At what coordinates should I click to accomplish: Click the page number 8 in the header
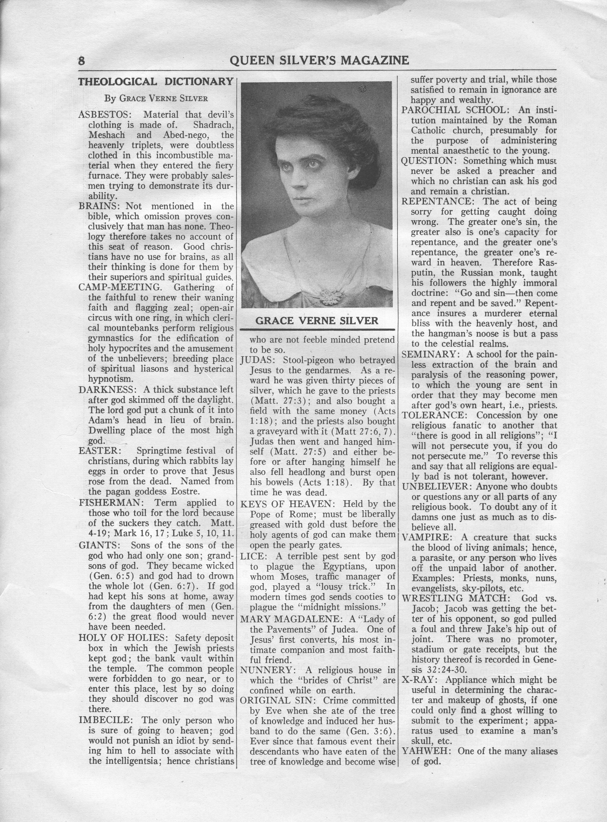coord(81,60)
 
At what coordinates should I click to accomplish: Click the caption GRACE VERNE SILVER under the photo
coord(317,321)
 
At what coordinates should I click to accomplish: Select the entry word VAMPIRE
coord(426,537)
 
